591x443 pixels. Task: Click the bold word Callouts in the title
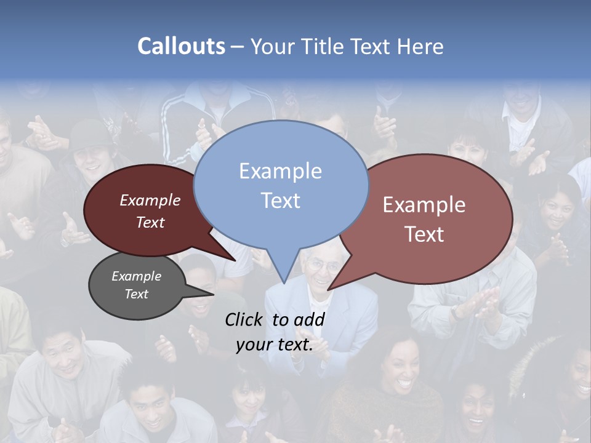(181, 46)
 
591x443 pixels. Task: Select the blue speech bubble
(281, 185)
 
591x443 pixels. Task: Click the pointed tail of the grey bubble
(212, 293)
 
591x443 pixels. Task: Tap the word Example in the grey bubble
(137, 276)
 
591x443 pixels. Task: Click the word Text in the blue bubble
(281, 201)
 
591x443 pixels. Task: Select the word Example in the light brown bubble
(424, 205)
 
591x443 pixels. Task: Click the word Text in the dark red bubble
(150, 223)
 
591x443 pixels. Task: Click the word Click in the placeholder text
(245, 319)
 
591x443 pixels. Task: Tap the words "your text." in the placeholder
(275, 345)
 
